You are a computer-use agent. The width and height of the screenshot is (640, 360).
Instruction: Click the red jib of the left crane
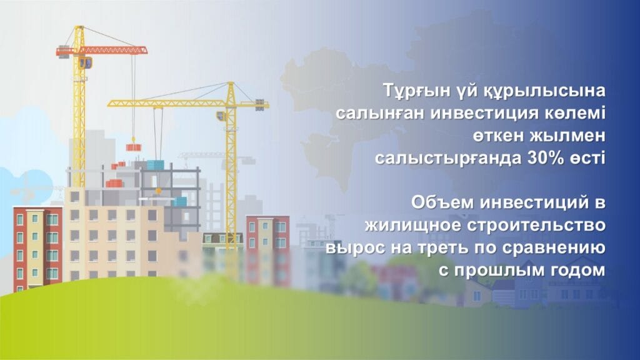tap(112, 49)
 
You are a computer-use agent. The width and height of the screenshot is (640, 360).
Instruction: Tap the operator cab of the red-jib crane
tap(86, 62)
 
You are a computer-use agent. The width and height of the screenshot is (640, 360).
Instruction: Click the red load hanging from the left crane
tap(134, 147)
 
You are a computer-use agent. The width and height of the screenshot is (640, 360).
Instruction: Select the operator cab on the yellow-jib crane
tap(222, 115)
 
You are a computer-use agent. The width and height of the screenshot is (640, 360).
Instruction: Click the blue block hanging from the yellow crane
tap(155, 165)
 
